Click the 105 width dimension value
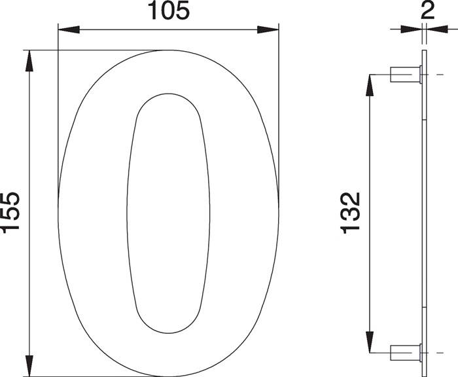coord(168,11)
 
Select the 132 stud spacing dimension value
coord(351,212)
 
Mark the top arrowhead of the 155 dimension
coord(29,60)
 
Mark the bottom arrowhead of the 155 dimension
coord(29,365)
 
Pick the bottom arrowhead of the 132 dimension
coord(370,341)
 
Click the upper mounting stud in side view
coord(405,75)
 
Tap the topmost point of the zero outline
coord(169,50)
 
